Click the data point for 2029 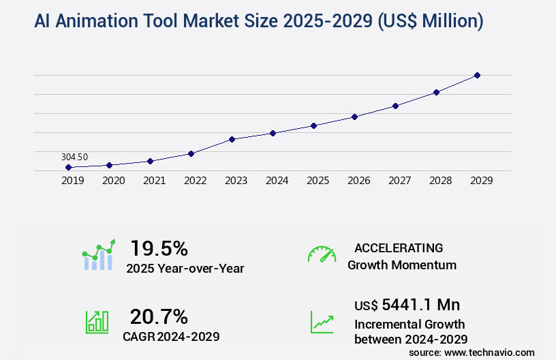(x=477, y=75)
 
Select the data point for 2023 (x=232, y=139)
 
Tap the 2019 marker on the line (x=68, y=167)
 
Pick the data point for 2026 (x=354, y=117)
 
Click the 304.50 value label (x=74, y=157)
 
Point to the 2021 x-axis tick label (x=154, y=181)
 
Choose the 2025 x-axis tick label (x=318, y=181)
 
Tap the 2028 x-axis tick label (x=440, y=181)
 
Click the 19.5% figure (x=159, y=248)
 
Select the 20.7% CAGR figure (x=159, y=316)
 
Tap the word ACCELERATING (x=399, y=248)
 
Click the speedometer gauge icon (x=322, y=254)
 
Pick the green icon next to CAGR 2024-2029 (x=97, y=322)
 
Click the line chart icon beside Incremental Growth (x=322, y=322)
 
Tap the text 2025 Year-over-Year (x=185, y=269)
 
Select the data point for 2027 (x=395, y=106)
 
